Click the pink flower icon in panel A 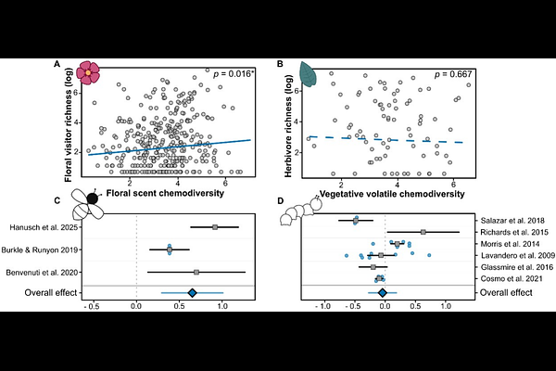tap(88, 72)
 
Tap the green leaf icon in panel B tap(309, 74)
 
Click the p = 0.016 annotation tap(234, 74)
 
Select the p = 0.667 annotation tap(453, 74)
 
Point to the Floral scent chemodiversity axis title tap(165, 193)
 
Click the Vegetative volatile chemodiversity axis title tap(392, 194)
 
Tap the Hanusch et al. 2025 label tap(44, 227)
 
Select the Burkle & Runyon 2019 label tap(39, 249)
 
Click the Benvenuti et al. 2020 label tap(42, 273)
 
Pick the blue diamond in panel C tap(192, 293)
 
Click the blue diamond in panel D tap(382, 293)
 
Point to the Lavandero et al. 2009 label tap(518, 255)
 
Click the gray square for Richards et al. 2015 tap(423, 232)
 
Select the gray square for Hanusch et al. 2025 tap(215, 227)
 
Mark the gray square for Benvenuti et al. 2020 tap(196, 273)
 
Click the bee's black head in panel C tap(93, 198)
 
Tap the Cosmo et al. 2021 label tap(512, 278)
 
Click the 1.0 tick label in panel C tap(222, 306)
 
